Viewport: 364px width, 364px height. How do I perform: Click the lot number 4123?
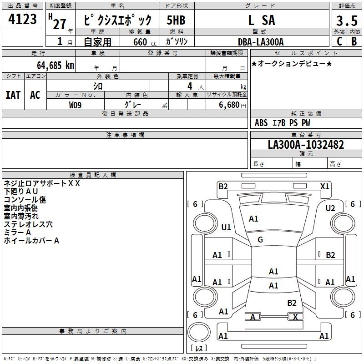point(22,19)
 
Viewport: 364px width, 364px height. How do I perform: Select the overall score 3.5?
point(347,20)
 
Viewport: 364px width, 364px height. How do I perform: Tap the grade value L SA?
point(262,20)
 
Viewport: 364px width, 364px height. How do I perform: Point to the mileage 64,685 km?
point(56,66)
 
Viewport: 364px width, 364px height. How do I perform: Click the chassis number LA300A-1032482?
point(306,145)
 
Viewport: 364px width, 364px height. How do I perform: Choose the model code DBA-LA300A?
point(261,42)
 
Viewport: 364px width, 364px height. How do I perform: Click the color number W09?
point(75,105)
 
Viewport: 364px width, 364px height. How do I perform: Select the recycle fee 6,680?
point(229,105)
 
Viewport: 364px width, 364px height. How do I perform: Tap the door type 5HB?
point(176,20)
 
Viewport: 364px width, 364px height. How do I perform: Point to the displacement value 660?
point(140,42)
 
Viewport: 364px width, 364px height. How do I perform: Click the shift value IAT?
point(13,95)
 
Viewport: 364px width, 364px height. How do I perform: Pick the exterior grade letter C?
point(339,41)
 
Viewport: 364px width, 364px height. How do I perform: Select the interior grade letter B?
point(354,41)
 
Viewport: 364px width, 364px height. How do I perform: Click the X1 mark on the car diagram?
point(324,187)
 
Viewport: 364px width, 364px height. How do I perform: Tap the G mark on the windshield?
point(260,240)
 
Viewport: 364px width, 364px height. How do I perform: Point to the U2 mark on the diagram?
point(330,208)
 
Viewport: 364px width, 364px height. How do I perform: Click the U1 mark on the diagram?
point(226,227)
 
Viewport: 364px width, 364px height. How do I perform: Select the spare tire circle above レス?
point(199,332)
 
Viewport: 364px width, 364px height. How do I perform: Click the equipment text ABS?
point(261,123)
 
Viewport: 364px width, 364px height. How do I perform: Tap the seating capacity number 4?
point(190,86)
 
